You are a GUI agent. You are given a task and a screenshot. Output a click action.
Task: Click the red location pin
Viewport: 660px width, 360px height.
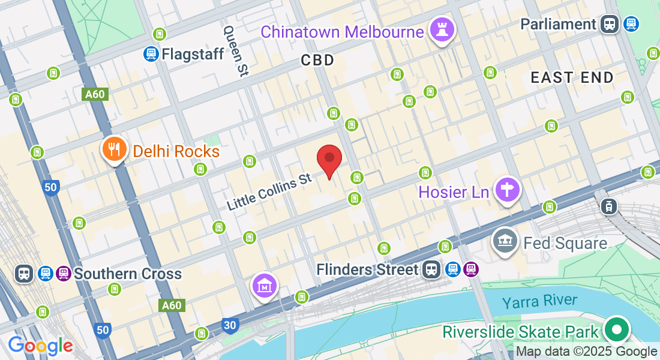[x=329, y=160]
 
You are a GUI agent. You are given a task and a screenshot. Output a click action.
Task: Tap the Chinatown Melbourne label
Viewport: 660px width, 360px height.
[x=342, y=32]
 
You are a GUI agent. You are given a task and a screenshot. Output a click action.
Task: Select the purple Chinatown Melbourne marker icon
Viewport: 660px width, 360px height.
[x=442, y=30]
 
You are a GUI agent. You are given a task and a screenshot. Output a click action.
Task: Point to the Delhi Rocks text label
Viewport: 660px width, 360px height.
[x=176, y=151]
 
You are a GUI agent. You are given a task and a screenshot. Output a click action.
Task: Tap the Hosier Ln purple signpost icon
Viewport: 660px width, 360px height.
[x=508, y=190]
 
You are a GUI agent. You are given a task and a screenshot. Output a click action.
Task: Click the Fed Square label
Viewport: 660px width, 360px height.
[x=565, y=243]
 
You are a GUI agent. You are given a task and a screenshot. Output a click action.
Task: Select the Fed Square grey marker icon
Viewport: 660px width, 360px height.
[x=505, y=241]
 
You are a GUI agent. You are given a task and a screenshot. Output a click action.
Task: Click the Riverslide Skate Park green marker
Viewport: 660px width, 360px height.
[x=616, y=330]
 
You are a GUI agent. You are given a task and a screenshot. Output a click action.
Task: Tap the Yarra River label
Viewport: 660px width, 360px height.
[x=540, y=301]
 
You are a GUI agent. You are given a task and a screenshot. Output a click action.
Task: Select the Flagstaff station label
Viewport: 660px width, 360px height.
[x=192, y=54]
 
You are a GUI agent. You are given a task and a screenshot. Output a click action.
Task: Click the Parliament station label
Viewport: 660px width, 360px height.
[x=558, y=24]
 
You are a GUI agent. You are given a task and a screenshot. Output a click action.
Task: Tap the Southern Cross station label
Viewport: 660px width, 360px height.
[x=127, y=274]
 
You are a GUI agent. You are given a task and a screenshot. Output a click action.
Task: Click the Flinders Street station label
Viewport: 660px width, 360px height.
[x=367, y=269]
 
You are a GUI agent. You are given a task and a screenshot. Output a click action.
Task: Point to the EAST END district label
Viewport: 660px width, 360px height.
[x=572, y=77]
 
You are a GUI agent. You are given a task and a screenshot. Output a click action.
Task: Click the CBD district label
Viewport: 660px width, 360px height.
[x=317, y=60]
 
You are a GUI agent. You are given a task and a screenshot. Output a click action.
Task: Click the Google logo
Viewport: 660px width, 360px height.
[x=40, y=346]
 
